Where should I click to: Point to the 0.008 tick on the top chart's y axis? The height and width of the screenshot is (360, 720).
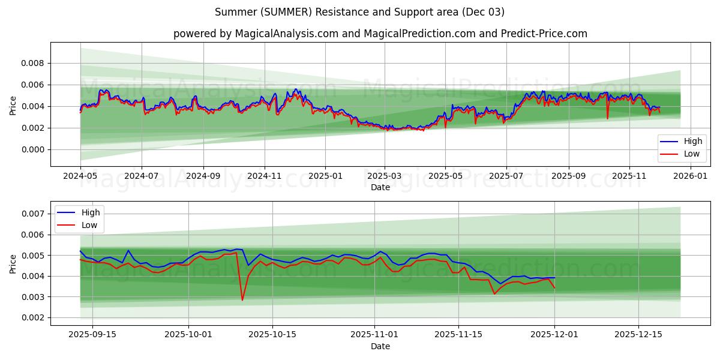33,63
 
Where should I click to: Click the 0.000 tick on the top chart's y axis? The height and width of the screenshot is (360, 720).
33,149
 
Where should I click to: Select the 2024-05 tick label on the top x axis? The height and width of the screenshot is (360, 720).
80,176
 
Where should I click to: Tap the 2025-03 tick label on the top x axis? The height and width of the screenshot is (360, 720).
384,176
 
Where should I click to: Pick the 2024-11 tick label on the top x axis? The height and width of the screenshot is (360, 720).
264,176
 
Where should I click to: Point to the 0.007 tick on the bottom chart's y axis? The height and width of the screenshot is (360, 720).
33,214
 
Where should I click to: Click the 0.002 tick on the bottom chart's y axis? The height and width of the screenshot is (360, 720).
33,317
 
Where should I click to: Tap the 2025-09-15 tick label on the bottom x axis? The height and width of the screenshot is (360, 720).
92,335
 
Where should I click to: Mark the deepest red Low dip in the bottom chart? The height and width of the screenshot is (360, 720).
242,299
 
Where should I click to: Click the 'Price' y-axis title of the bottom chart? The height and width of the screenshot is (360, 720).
13,263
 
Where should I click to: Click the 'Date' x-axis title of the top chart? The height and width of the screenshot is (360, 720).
380,187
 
